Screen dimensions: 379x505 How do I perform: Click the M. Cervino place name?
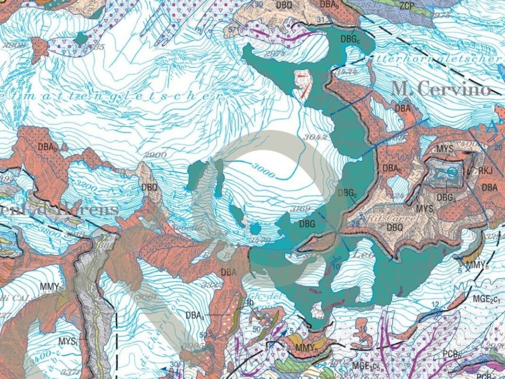[x=441, y=89]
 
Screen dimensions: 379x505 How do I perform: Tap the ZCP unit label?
[x=407, y=6]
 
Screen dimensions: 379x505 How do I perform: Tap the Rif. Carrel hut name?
[x=379, y=215]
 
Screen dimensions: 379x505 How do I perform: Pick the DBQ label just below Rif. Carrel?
[x=395, y=227]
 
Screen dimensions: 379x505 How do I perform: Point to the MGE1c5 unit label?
[x=365, y=366]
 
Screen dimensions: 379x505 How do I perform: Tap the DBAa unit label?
[x=195, y=314]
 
